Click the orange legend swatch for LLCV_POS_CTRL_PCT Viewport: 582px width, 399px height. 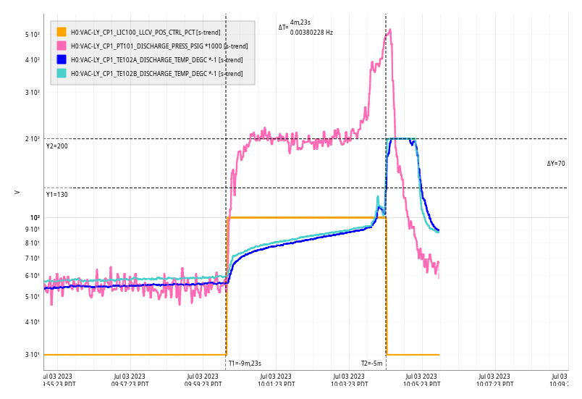tap(62, 32)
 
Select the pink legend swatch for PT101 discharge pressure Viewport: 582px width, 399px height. tap(62, 46)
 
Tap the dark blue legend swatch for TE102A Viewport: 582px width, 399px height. tap(62, 59)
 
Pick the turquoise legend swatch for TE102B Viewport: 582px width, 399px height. tap(62, 73)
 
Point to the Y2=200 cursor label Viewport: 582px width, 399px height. tap(57, 146)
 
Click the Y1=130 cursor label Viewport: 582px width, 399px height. tap(57, 195)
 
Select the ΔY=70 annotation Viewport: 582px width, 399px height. tap(556, 164)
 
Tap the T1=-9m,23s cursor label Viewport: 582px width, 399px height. tap(245, 364)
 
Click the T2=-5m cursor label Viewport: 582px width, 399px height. tap(372, 364)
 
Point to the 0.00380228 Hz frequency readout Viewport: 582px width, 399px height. tap(311, 33)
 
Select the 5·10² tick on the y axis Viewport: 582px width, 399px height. tap(32, 34)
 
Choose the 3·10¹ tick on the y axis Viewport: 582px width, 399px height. tap(32, 355)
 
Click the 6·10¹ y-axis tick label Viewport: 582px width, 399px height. tap(32, 275)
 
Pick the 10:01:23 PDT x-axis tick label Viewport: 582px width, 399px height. tap(275, 380)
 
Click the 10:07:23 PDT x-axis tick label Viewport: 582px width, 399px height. tap(494, 380)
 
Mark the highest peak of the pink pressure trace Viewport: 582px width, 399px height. tap(390, 30)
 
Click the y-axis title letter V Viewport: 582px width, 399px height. tap(17, 192)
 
